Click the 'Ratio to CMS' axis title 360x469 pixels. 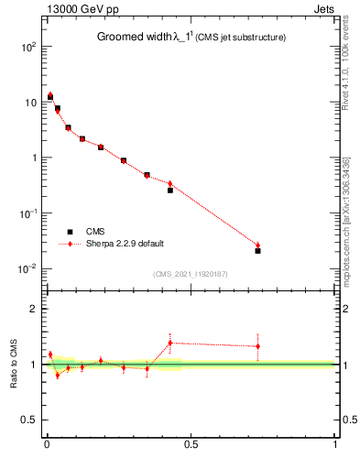coord(14,364)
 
